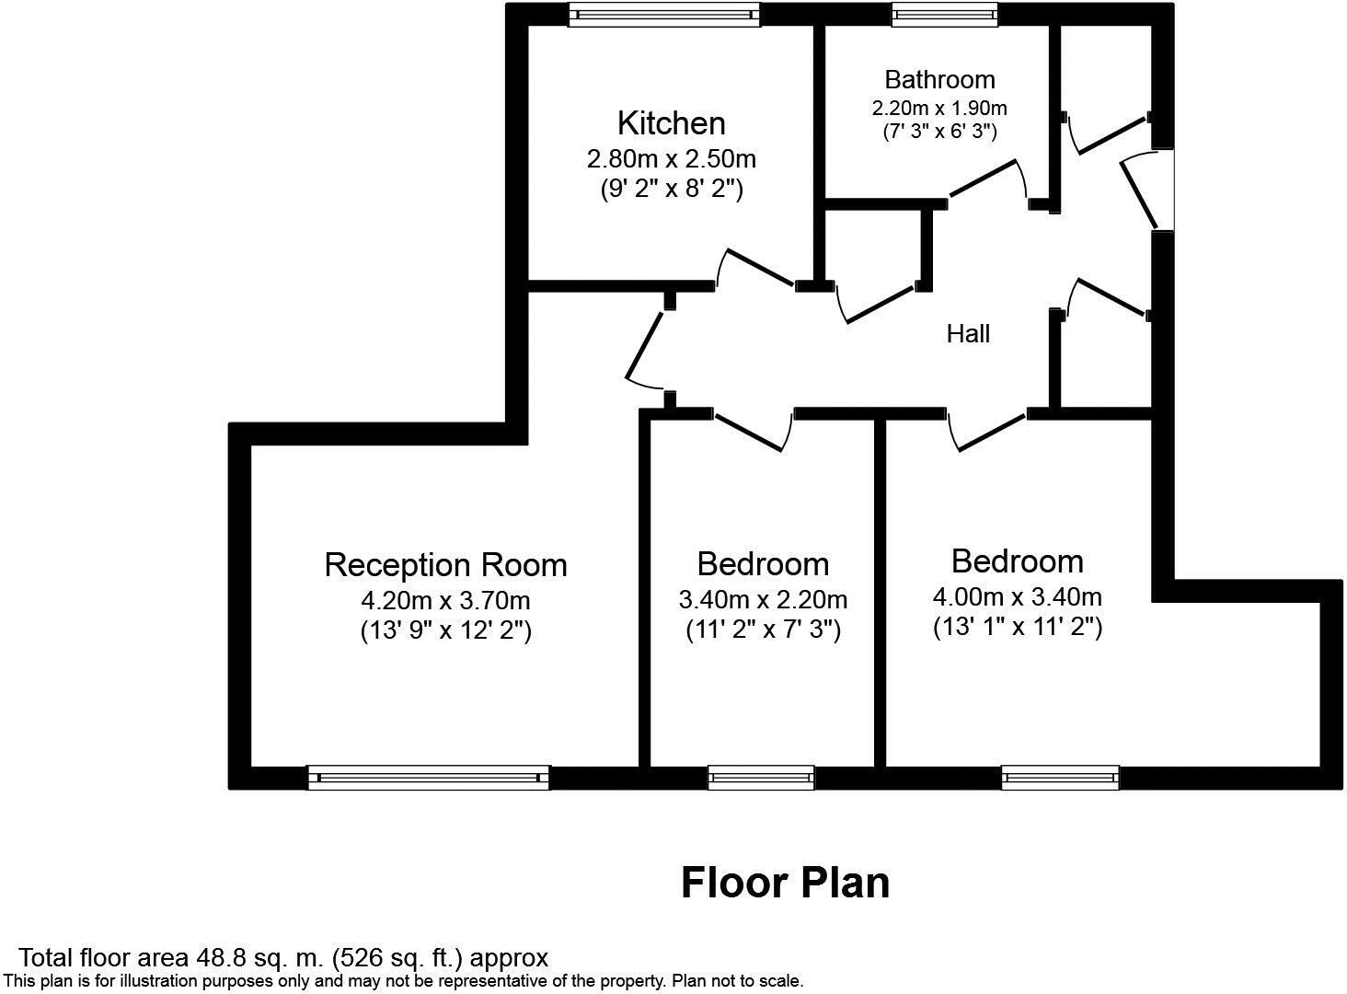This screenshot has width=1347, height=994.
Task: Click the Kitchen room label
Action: pyautogui.click(x=671, y=122)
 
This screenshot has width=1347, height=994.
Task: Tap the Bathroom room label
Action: pyautogui.click(x=939, y=79)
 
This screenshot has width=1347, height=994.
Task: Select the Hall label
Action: pyautogui.click(x=968, y=333)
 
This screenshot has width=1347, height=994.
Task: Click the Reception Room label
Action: pyautogui.click(x=445, y=564)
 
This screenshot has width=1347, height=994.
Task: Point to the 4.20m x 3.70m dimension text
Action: pyautogui.click(x=445, y=601)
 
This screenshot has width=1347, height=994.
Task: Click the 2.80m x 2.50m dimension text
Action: pyautogui.click(x=671, y=159)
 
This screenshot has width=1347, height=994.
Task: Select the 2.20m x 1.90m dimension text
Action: pyautogui.click(x=939, y=108)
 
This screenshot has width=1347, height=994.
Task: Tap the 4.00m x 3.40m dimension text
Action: pyautogui.click(x=1017, y=597)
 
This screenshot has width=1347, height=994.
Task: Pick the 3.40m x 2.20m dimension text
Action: pyautogui.click(x=763, y=600)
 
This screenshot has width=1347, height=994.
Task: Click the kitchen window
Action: pyautogui.click(x=663, y=14)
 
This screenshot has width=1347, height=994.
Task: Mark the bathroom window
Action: pyautogui.click(x=944, y=14)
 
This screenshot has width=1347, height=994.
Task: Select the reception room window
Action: pyautogui.click(x=429, y=778)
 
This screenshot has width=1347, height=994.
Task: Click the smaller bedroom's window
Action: pyautogui.click(x=761, y=778)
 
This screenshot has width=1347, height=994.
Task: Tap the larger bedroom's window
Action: pyautogui.click(x=1060, y=778)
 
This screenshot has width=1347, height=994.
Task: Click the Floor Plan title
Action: pyautogui.click(x=785, y=883)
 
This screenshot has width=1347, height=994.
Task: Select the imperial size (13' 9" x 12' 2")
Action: pyautogui.click(x=445, y=631)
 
